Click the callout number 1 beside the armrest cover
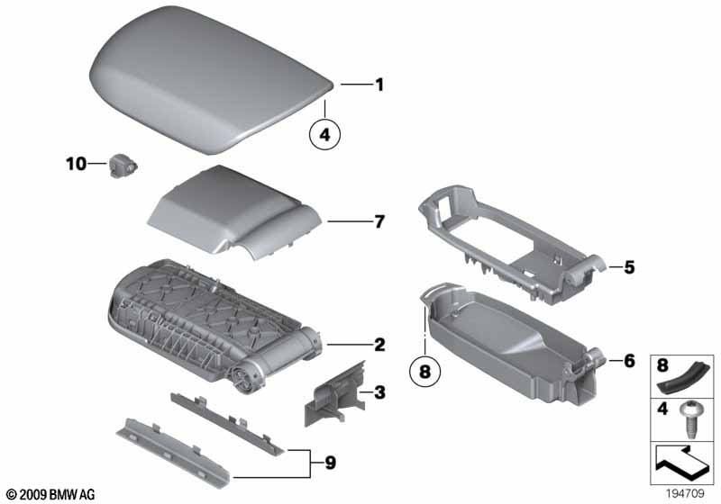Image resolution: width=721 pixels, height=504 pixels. click(x=379, y=85)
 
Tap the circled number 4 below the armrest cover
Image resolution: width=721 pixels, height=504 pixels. click(x=325, y=135)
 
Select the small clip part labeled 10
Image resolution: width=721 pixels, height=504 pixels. click(x=123, y=166)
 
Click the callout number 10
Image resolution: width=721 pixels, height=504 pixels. click(x=77, y=164)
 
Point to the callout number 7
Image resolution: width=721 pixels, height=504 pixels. click(x=379, y=221)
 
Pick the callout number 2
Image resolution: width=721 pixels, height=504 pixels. click(x=379, y=345)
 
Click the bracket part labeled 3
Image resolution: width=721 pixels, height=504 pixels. click(x=334, y=393)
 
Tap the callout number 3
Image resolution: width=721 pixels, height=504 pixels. click(x=379, y=392)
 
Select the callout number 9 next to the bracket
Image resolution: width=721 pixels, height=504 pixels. click(x=331, y=463)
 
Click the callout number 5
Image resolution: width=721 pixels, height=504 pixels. click(x=629, y=267)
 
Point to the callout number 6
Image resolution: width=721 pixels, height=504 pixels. click(x=629, y=361)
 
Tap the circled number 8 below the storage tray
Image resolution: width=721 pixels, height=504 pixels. click(x=424, y=371)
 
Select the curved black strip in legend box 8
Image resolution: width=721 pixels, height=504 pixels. click(x=684, y=375)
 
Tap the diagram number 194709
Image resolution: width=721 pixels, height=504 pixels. click(x=685, y=494)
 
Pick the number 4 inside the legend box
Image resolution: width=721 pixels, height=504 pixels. click(x=662, y=408)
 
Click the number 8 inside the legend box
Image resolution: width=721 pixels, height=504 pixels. click(x=662, y=365)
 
